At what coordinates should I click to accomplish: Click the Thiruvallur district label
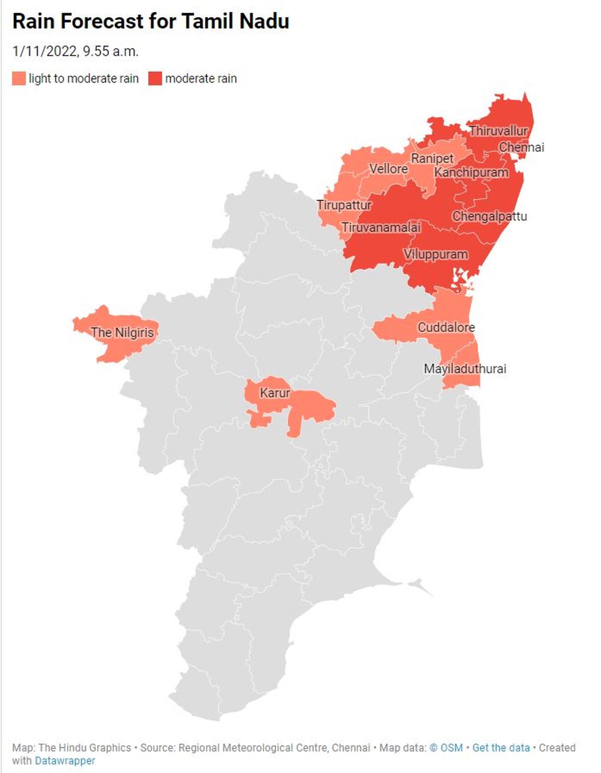coord(498,131)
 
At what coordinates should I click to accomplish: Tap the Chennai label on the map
coord(521,147)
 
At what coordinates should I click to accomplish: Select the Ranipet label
coord(432,158)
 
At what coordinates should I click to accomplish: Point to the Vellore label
coord(388,169)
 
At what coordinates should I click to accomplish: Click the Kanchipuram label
coord(471,172)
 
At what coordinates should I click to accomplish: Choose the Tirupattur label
coord(344,205)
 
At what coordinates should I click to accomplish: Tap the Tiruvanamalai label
coord(381,227)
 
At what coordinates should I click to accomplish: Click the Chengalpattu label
coord(489,216)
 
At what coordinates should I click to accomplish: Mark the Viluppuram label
coord(436,254)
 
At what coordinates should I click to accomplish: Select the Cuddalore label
coord(446,327)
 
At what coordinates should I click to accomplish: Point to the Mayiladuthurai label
coord(465,369)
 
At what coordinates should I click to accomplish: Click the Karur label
coord(274,393)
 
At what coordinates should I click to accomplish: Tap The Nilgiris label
coord(122,332)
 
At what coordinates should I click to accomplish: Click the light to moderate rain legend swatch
coord(19,79)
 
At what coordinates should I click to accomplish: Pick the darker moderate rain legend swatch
coord(155,79)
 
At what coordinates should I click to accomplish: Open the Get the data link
coord(501,747)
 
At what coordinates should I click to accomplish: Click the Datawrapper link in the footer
coord(65,760)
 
